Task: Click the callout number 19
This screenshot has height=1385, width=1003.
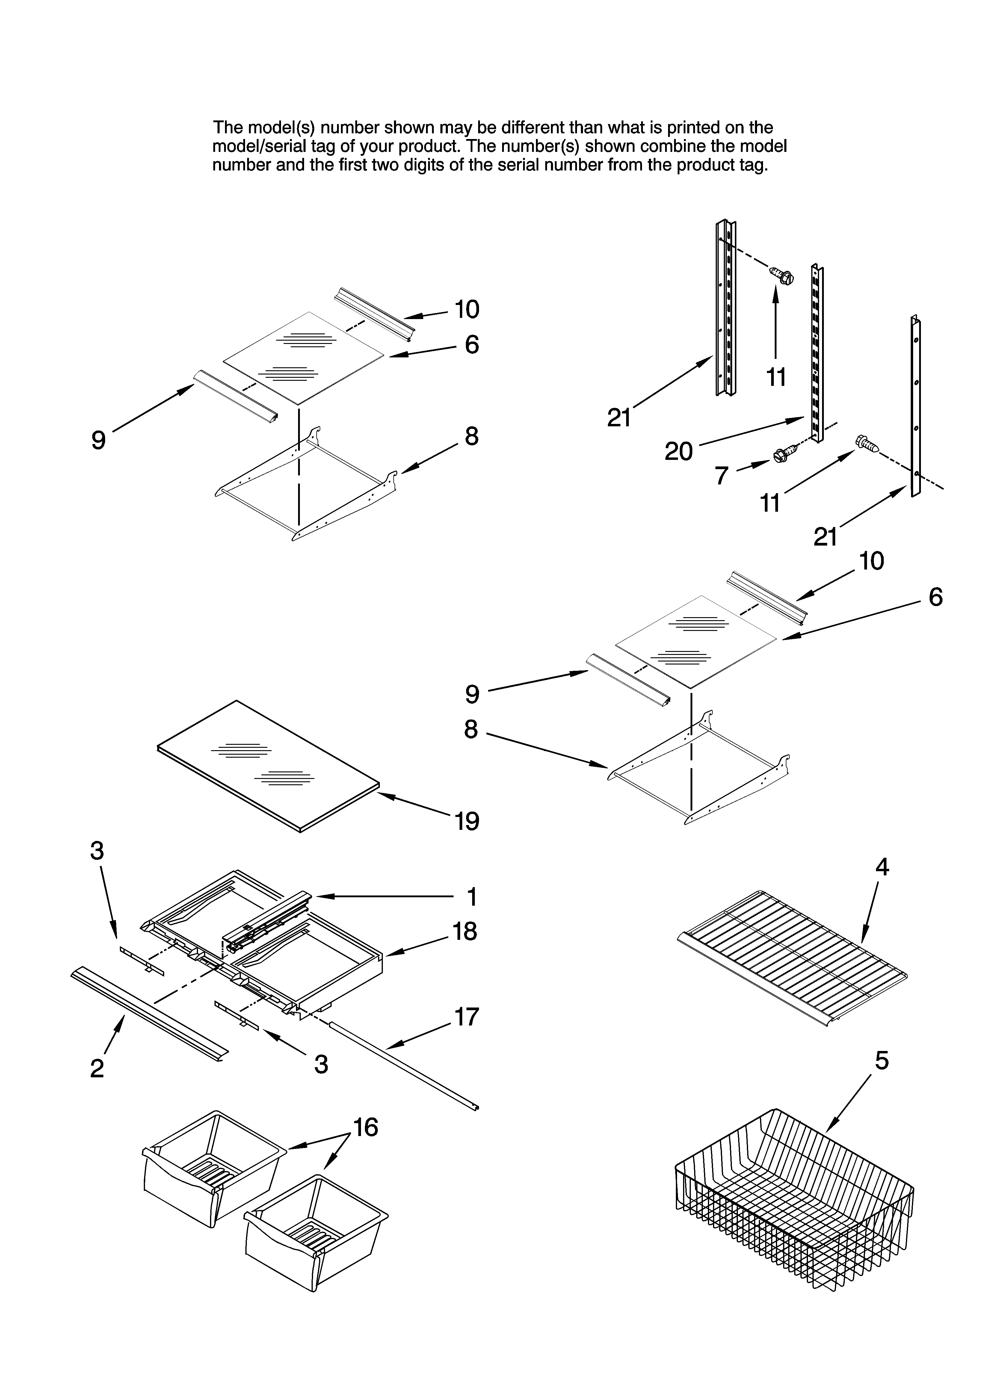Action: [x=467, y=821]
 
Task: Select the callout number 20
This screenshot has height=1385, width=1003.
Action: [x=678, y=451]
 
